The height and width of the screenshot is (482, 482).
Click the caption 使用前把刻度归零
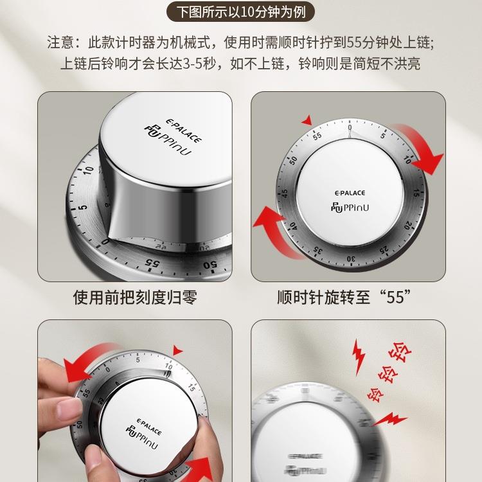coord(134,298)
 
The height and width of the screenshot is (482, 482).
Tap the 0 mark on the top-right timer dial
coord(350,127)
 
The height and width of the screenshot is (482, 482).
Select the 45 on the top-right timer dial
coord(285,193)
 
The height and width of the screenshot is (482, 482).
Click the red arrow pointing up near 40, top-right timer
coord(274,222)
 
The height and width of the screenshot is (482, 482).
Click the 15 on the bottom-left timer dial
coord(192,388)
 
